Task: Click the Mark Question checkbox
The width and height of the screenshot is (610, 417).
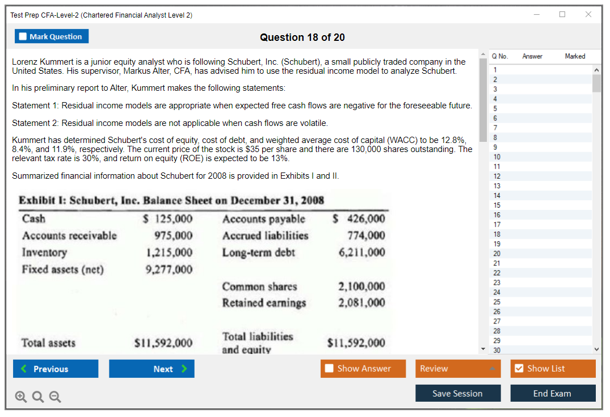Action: click(23, 37)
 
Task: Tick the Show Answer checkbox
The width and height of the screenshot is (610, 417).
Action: click(330, 369)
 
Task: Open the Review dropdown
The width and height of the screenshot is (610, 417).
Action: click(458, 369)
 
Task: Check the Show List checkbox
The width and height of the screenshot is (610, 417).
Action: click(519, 369)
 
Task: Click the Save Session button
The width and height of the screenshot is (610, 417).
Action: click(457, 393)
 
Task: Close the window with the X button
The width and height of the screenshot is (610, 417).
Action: click(588, 15)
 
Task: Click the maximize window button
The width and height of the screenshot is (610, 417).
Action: click(562, 15)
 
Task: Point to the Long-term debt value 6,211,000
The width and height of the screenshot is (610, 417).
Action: click(361, 252)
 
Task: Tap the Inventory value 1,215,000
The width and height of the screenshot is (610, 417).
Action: click(169, 252)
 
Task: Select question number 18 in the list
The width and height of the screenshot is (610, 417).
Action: click(497, 234)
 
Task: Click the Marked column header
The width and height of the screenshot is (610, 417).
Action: click(575, 56)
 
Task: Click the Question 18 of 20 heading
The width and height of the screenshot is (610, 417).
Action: click(302, 37)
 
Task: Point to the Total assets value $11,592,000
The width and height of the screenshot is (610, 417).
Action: click(163, 343)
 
